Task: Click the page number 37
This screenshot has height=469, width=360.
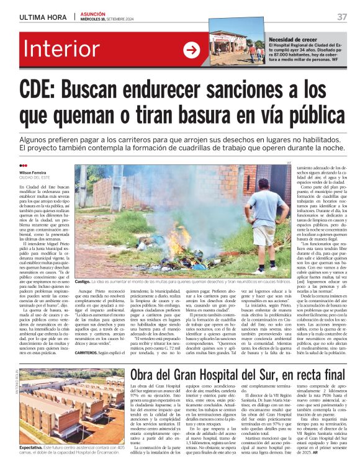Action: (x=342, y=16)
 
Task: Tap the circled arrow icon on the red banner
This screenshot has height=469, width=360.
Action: (x=191, y=50)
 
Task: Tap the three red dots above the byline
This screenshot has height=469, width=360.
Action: (x=24, y=166)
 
